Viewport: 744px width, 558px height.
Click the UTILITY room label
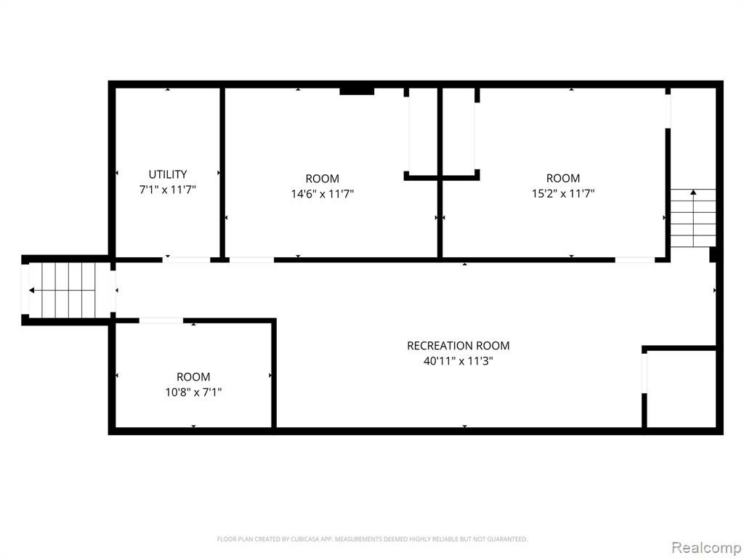[168, 174]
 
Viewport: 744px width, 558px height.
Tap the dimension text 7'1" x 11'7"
[168, 190]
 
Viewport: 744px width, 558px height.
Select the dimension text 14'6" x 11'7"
[322, 193]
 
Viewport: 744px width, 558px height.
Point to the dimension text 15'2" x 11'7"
[563, 193]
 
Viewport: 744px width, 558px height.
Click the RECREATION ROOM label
[458, 346]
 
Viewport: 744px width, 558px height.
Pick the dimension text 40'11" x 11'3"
[458, 361]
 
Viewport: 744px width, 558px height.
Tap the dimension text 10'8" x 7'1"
[193, 392]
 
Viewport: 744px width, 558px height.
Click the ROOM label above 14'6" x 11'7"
[322, 179]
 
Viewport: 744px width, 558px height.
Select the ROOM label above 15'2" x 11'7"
[563, 179]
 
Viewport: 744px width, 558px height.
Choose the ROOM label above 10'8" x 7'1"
[193, 377]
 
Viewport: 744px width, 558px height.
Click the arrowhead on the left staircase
[31, 291]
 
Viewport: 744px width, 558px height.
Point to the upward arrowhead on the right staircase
[693, 192]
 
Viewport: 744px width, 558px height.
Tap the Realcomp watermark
[705, 548]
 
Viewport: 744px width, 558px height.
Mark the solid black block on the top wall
[357, 91]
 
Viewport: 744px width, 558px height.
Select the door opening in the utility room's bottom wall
[187, 260]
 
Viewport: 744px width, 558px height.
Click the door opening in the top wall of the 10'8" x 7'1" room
[161, 320]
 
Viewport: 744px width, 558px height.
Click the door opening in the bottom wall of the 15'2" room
[635, 260]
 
